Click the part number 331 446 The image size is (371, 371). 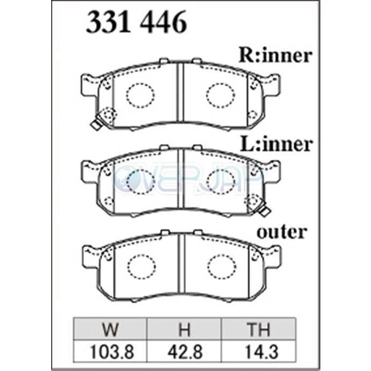tap(137, 22)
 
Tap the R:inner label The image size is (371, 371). tap(275, 55)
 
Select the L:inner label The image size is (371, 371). tap(276, 144)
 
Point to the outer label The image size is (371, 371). tap(282, 232)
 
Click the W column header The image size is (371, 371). tap(110, 329)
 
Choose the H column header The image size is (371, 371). tap(184, 329)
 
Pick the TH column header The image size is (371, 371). tap(258, 329)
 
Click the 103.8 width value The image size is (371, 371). tap(112, 352)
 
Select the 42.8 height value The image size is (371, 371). tap(185, 352)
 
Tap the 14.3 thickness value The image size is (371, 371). tap(261, 352)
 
